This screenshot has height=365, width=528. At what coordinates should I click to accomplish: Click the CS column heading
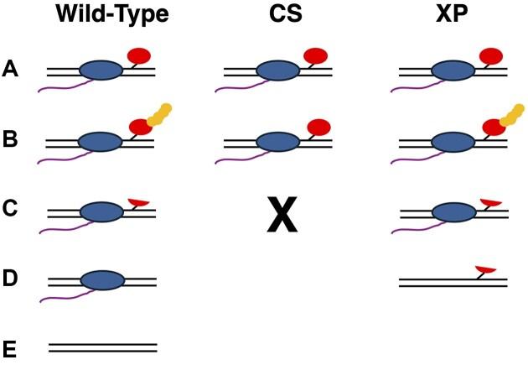coord(286,14)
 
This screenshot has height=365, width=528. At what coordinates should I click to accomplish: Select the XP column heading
coord(453,14)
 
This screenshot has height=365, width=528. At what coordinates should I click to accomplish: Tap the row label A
coord(12,70)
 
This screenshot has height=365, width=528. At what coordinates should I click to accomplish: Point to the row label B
coord(12,140)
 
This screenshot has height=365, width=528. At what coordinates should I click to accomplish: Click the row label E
coord(12,346)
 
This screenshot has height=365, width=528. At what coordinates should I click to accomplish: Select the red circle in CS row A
coord(315,56)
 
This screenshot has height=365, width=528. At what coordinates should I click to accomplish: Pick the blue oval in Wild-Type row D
coord(101,280)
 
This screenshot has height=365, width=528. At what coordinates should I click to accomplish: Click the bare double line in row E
coord(102,346)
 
